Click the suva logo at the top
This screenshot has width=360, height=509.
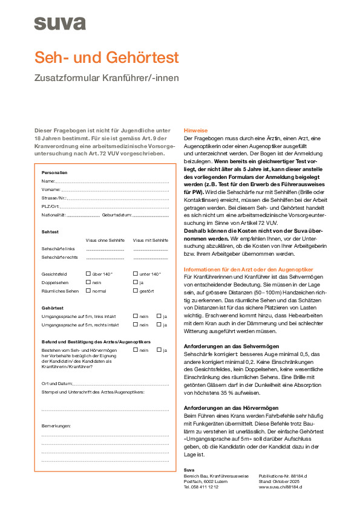point(59,24)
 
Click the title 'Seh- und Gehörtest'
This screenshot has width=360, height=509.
point(106,57)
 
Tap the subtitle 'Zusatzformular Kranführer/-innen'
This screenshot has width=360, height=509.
point(106,77)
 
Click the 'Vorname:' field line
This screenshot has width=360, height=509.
point(110,189)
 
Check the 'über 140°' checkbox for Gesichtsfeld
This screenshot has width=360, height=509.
point(88,274)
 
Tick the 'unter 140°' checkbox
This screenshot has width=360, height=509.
point(135,274)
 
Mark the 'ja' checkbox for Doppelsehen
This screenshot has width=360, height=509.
point(135,282)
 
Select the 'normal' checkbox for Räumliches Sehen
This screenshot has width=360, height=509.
point(88,290)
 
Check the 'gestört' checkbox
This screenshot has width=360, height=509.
point(135,290)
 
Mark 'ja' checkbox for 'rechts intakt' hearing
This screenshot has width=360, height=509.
point(159,324)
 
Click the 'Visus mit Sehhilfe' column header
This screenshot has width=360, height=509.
point(150,240)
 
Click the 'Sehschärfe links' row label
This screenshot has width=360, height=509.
point(58,248)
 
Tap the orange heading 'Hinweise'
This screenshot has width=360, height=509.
point(195,130)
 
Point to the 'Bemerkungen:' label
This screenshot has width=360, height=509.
point(56,426)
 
